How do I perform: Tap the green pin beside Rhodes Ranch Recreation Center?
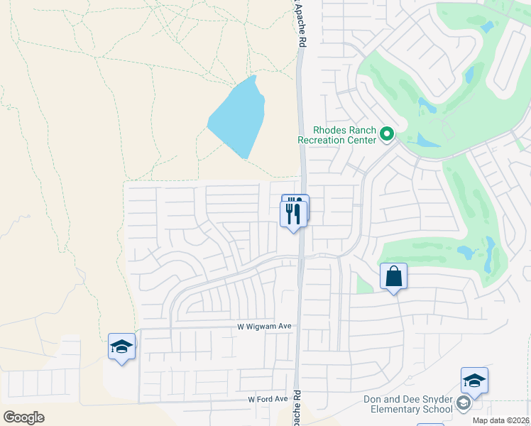(387, 133)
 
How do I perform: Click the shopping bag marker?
(393, 276)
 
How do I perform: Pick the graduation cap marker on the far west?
(121, 346)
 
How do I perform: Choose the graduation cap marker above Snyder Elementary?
(474, 381)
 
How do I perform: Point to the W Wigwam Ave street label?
(265, 327)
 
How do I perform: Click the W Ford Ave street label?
(267, 399)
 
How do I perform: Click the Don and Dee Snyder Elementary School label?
(408, 404)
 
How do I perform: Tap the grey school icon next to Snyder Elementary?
(463, 404)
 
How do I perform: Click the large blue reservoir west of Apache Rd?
(238, 117)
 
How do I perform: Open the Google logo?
(23, 417)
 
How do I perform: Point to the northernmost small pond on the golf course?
(487, 27)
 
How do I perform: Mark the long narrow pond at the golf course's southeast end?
(490, 256)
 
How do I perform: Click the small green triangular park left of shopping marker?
(364, 283)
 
